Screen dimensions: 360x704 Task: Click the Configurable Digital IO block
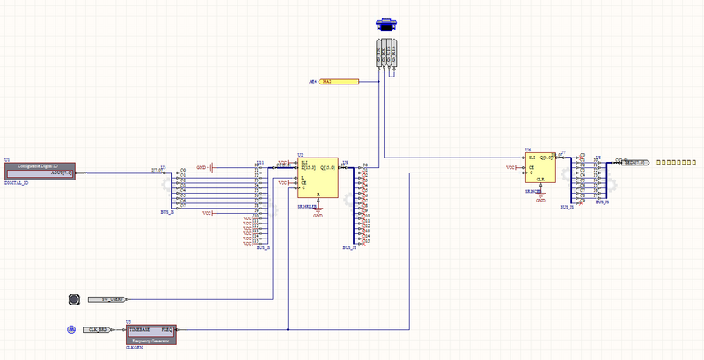[40, 171]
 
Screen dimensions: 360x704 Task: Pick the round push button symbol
[75, 299]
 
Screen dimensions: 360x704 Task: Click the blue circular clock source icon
[72, 329]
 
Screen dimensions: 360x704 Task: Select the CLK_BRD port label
[98, 329]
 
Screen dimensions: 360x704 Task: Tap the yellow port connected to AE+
[338, 82]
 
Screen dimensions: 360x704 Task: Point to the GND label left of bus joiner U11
[202, 166]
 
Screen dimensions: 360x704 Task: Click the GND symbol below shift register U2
[318, 212]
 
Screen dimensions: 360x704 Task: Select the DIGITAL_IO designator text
[17, 182]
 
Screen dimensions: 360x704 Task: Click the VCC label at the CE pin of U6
[510, 166]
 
